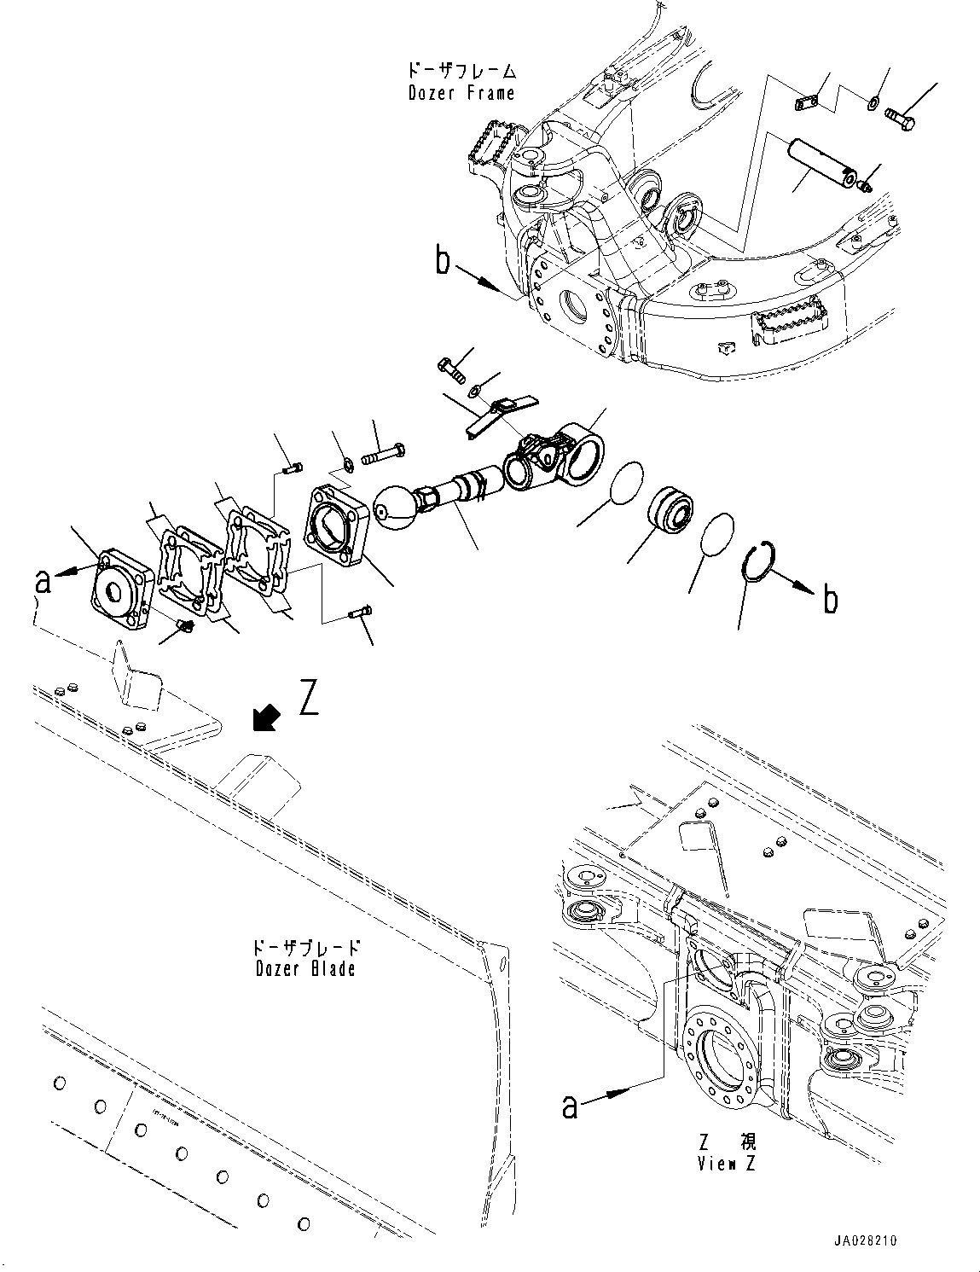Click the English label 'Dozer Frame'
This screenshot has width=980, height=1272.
pos(461,92)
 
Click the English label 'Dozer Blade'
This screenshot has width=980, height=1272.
pos(305,968)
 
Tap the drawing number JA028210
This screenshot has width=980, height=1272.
pos(862,1241)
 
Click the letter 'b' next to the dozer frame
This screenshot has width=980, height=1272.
pos(443,261)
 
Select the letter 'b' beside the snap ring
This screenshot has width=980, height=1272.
pos(828,600)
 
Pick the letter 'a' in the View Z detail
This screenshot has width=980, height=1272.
pos(571,1106)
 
